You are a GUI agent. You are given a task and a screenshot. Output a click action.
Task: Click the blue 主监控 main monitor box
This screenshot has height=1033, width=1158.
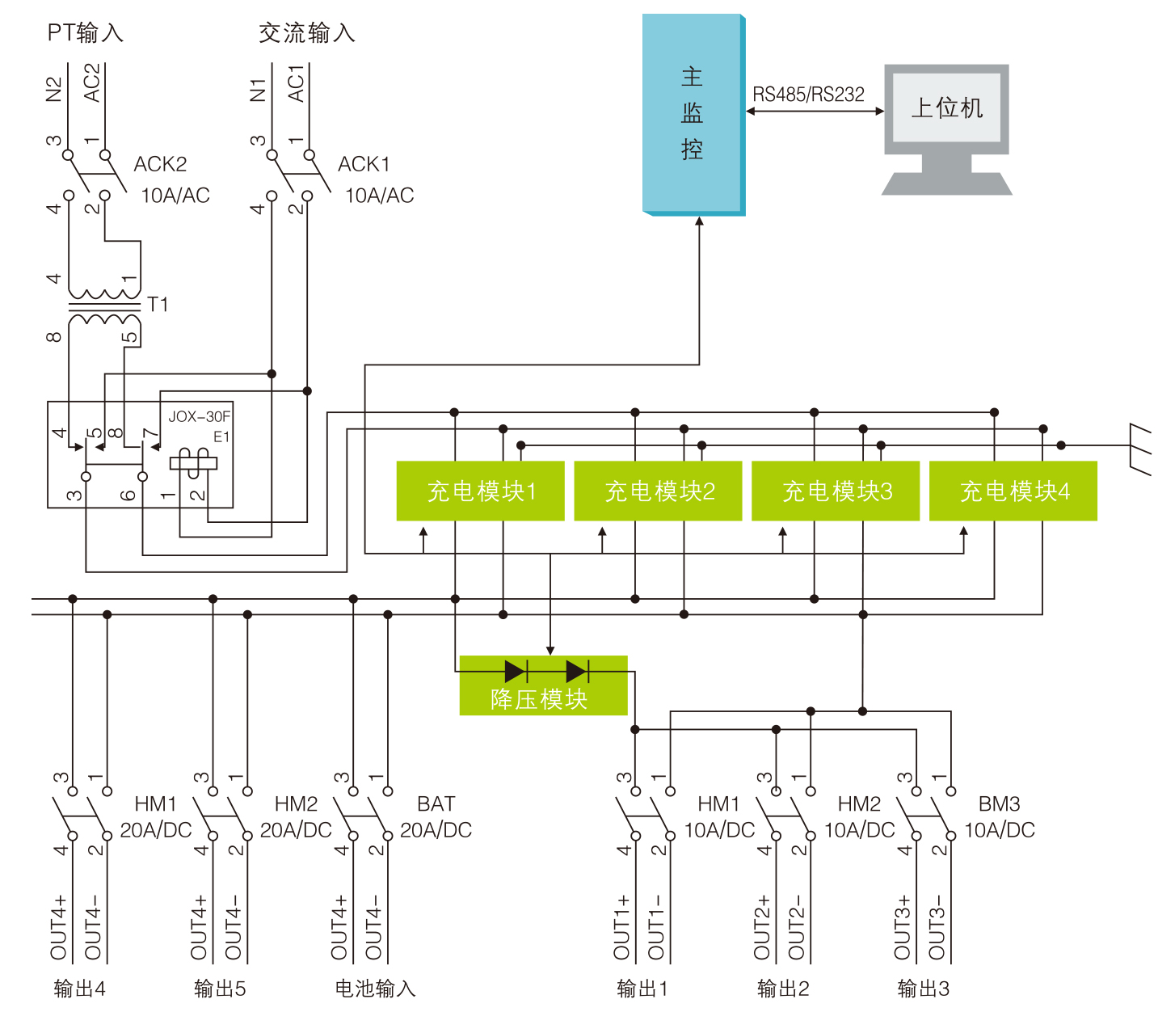coord(693,114)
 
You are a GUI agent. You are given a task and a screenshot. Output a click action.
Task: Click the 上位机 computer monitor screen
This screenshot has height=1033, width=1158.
coord(947,108)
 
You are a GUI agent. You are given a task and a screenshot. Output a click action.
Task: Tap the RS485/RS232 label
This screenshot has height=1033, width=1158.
coord(808,95)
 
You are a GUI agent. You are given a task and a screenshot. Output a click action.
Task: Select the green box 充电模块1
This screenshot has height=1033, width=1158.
coord(480,491)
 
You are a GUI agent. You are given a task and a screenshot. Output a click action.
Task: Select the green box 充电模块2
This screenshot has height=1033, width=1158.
coord(658,491)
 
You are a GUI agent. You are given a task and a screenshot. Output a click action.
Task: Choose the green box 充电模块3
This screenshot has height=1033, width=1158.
coord(836,491)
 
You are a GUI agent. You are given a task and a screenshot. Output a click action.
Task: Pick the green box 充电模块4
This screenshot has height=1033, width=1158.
coord(1013,491)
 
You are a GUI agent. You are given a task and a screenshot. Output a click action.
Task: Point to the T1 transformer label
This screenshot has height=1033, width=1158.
coord(158,305)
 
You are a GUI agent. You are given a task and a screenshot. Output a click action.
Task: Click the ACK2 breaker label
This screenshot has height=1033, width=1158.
coord(160,164)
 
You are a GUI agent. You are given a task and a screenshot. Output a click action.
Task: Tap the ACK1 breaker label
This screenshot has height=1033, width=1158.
coord(364,164)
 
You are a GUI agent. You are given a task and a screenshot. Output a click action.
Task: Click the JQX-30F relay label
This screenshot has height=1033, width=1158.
coord(199,417)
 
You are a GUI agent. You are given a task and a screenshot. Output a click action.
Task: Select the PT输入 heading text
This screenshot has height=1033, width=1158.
coord(85,33)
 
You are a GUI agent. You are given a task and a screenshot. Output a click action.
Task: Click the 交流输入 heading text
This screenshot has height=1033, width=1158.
coord(307,33)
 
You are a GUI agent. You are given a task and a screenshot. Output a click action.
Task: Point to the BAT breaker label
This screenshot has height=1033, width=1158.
coord(436,804)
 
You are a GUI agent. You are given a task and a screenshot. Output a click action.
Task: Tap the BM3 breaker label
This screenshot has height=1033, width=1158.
coord(1000,804)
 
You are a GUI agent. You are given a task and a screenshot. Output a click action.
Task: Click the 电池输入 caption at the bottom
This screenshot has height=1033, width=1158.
coord(375,989)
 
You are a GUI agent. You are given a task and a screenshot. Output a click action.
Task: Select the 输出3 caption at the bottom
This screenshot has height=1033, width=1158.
coord(923,989)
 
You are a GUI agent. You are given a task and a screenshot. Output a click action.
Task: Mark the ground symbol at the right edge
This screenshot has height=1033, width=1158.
coord(1140,449)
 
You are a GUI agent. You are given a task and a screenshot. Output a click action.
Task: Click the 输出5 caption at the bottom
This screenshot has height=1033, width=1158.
coord(219,989)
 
